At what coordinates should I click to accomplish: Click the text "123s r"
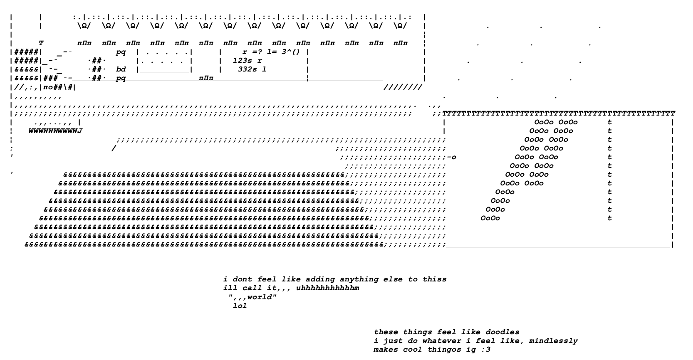pos(247,61)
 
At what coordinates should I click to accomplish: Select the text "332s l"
pos(252,69)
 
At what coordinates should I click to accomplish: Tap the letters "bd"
pos(121,69)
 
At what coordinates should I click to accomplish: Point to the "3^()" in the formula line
pos(290,52)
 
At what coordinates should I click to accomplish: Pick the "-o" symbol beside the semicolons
pos(452,157)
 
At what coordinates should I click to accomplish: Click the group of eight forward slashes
pos(403,87)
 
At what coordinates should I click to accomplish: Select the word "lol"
pos(240,306)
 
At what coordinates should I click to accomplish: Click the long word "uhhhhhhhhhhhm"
pos(328,288)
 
